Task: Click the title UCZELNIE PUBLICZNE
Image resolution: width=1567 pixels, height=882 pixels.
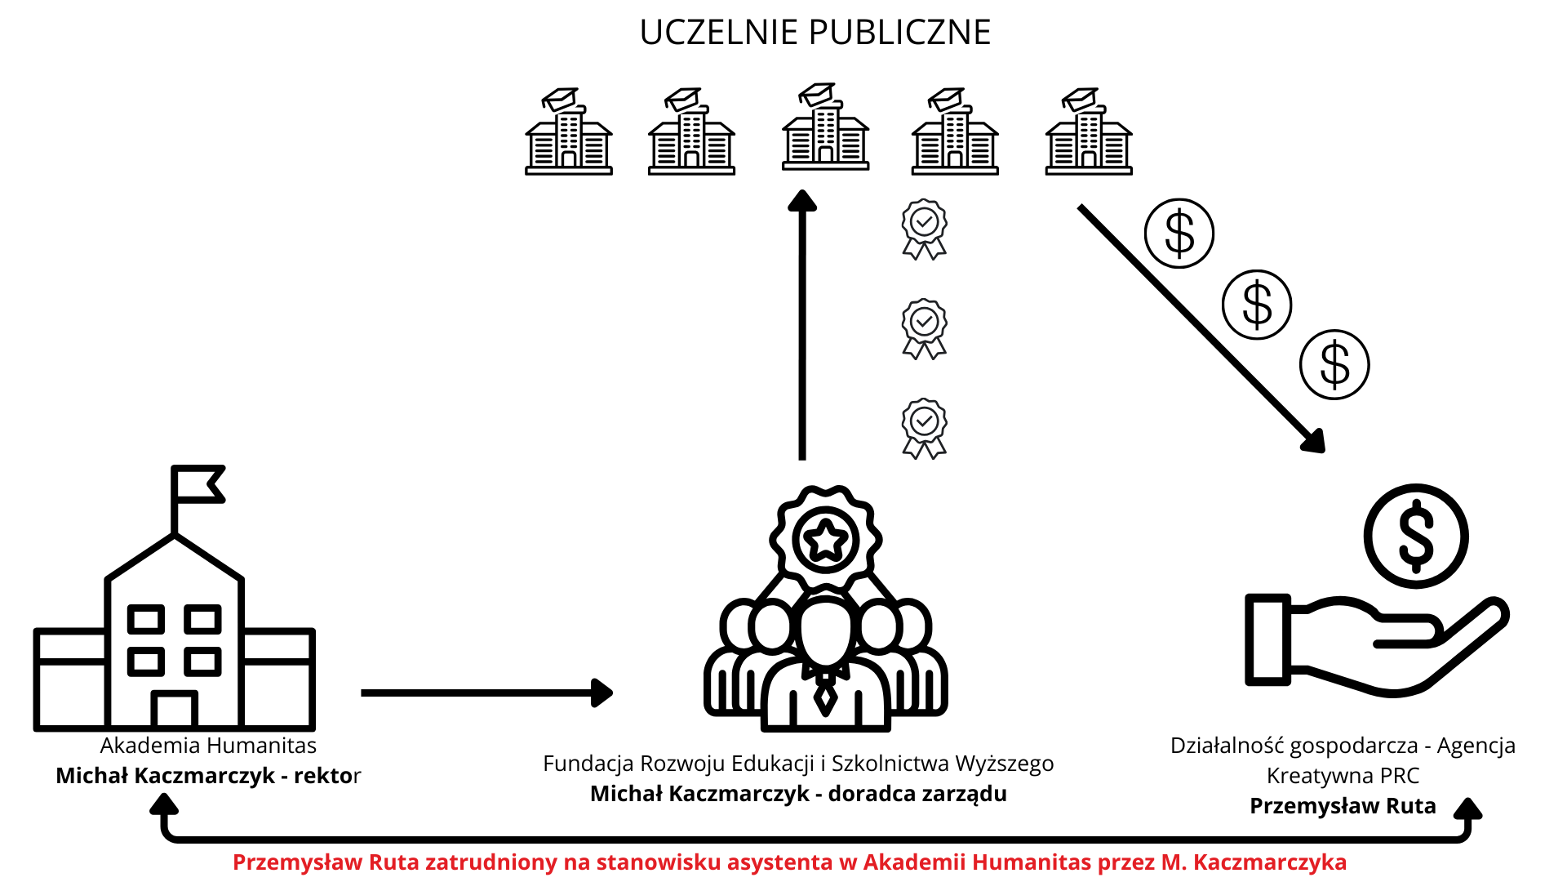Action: pyautogui.click(x=815, y=33)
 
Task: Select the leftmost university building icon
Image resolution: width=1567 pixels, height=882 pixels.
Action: pyautogui.click(x=569, y=133)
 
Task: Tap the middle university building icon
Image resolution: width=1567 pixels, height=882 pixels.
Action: pyautogui.click(x=825, y=128)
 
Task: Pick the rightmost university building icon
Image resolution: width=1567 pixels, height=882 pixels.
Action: pyautogui.click(x=1089, y=133)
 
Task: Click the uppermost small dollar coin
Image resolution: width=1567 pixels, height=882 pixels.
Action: pyautogui.click(x=1179, y=234)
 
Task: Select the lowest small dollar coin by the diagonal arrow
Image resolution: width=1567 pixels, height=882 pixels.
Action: pyautogui.click(x=1334, y=364)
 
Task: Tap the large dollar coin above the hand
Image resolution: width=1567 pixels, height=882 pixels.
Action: pyautogui.click(x=1416, y=536)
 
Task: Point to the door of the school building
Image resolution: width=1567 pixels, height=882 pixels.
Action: pyautogui.click(x=175, y=710)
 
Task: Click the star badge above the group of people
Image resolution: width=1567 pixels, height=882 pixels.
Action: pyautogui.click(x=826, y=539)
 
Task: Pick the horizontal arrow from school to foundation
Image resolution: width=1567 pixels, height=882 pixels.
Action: pyautogui.click(x=486, y=693)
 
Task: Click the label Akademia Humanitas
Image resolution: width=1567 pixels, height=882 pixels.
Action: pyautogui.click(x=208, y=746)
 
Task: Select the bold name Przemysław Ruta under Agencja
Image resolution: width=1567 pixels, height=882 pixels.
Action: pyautogui.click(x=1343, y=806)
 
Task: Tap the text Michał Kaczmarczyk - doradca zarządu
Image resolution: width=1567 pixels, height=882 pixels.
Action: pyautogui.click(x=798, y=794)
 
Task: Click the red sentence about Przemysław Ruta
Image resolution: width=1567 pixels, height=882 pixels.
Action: pyautogui.click(x=789, y=862)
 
